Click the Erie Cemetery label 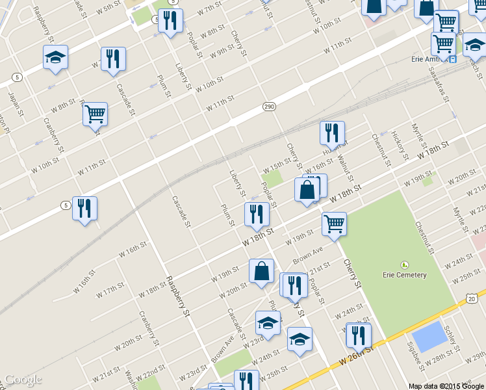click(x=405, y=275)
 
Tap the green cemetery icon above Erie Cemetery click(x=405, y=265)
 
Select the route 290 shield click(x=270, y=106)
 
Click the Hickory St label click(x=400, y=142)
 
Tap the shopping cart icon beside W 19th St click(x=334, y=224)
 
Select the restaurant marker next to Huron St click(x=332, y=133)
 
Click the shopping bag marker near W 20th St click(x=261, y=272)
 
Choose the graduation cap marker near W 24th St click(x=299, y=340)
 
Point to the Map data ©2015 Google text click(x=446, y=386)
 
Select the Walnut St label click(x=346, y=169)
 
